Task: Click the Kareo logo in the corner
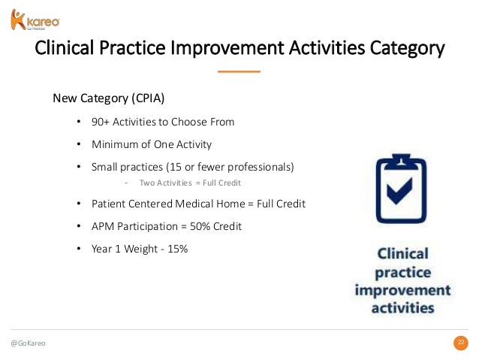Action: tap(35, 20)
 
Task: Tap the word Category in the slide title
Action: tap(407, 48)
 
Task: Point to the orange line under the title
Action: tap(239, 71)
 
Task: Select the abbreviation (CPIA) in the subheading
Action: tap(148, 98)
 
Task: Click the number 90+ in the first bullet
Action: tap(100, 122)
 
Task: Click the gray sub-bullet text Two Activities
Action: tap(166, 183)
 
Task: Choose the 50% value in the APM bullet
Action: tap(200, 226)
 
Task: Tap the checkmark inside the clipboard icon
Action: tap(400, 191)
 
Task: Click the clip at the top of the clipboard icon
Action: tap(401, 161)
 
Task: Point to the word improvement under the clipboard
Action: tap(402, 290)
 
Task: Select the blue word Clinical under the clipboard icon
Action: tap(402, 253)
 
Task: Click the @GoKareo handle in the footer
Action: tap(28, 343)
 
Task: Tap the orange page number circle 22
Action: tap(461, 343)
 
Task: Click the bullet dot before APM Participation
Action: tap(79, 226)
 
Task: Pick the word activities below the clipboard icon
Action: tap(402, 307)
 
